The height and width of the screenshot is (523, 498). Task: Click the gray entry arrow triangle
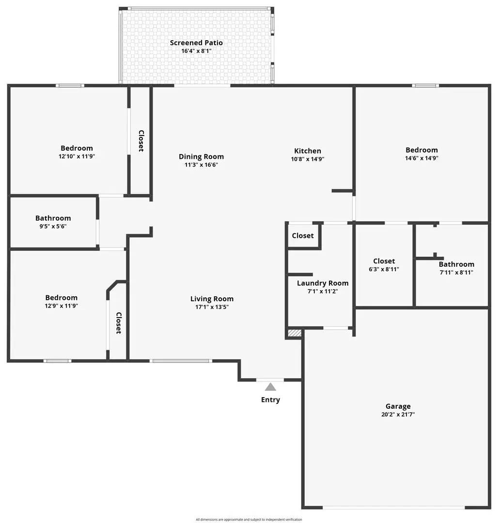click(x=270, y=386)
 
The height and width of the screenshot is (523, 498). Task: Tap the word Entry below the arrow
click(x=270, y=400)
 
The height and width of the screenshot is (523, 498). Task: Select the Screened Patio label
click(x=196, y=43)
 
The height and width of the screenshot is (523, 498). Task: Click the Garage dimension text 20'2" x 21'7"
click(x=398, y=415)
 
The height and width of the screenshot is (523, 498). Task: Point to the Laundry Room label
click(x=323, y=283)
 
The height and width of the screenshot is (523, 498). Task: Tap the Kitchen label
click(x=308, y=151)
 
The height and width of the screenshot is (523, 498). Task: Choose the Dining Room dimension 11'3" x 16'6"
click(x=201, y=165)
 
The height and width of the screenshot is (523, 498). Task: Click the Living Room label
click(x=212, y=299)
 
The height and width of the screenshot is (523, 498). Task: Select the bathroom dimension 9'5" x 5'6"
click(x=53, y=226)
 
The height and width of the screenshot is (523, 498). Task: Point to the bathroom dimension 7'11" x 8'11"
click(x=456, y=272)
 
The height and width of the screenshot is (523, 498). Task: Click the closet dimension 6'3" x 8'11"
click(x=384, y=269)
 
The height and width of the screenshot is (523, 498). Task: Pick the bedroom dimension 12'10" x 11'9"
click(x=77, y=156)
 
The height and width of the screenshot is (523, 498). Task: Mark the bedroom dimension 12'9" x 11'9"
click(x=61, y=306)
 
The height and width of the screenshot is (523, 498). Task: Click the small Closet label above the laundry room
click(x=303, y=236)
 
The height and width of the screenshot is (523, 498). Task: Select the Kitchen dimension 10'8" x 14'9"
click(x=308, y=158)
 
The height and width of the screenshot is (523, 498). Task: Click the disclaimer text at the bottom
click(x=249, y=520)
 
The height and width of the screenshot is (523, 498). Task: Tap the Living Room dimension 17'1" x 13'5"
click(x=212, y=307)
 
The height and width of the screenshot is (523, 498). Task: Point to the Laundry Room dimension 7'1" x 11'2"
click(x=323, y=291)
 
